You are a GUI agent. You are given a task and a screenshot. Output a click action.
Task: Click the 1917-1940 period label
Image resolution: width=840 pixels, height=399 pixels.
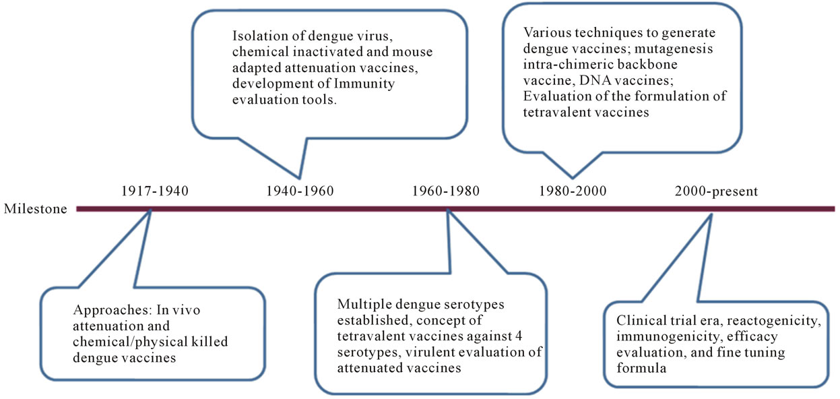154,191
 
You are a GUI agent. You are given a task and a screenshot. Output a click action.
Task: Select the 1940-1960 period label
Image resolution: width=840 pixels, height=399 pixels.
300,191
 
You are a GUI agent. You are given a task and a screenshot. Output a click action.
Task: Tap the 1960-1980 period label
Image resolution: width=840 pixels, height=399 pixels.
446,191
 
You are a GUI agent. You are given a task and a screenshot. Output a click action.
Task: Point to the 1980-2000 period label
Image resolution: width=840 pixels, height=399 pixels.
573,191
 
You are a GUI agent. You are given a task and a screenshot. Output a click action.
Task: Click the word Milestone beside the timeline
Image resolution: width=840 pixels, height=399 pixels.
35,209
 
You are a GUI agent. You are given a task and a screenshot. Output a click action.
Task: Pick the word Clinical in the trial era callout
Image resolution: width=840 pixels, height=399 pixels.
640,321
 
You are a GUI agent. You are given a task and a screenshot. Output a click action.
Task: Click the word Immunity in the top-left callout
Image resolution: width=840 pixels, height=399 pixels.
364,84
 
